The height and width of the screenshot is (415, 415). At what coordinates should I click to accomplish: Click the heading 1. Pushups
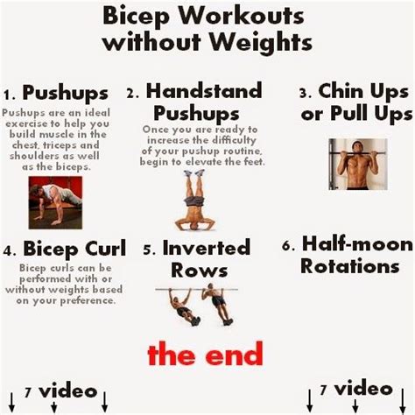coord(56,93)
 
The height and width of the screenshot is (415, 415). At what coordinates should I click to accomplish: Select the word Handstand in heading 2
coord(204,91)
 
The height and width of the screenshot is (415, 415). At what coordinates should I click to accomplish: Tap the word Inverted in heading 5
coord(206,248)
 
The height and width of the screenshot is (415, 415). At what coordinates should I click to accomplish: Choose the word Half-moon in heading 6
coord(357,244)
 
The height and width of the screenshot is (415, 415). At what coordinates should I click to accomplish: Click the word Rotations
coord(349,266)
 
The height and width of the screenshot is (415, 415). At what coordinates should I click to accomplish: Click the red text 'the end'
coord(205,354)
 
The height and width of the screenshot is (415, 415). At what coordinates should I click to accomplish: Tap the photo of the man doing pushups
coord(55,202)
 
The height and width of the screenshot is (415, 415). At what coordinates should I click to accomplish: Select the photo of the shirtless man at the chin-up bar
coord(358,164)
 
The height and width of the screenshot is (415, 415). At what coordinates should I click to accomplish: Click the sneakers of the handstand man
coord(194,172)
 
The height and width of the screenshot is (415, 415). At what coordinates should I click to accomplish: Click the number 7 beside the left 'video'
coord(28,392)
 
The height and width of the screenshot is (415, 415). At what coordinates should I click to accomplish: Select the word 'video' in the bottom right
coord(363,389)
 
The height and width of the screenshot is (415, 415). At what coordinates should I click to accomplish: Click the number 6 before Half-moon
coord(286,246)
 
